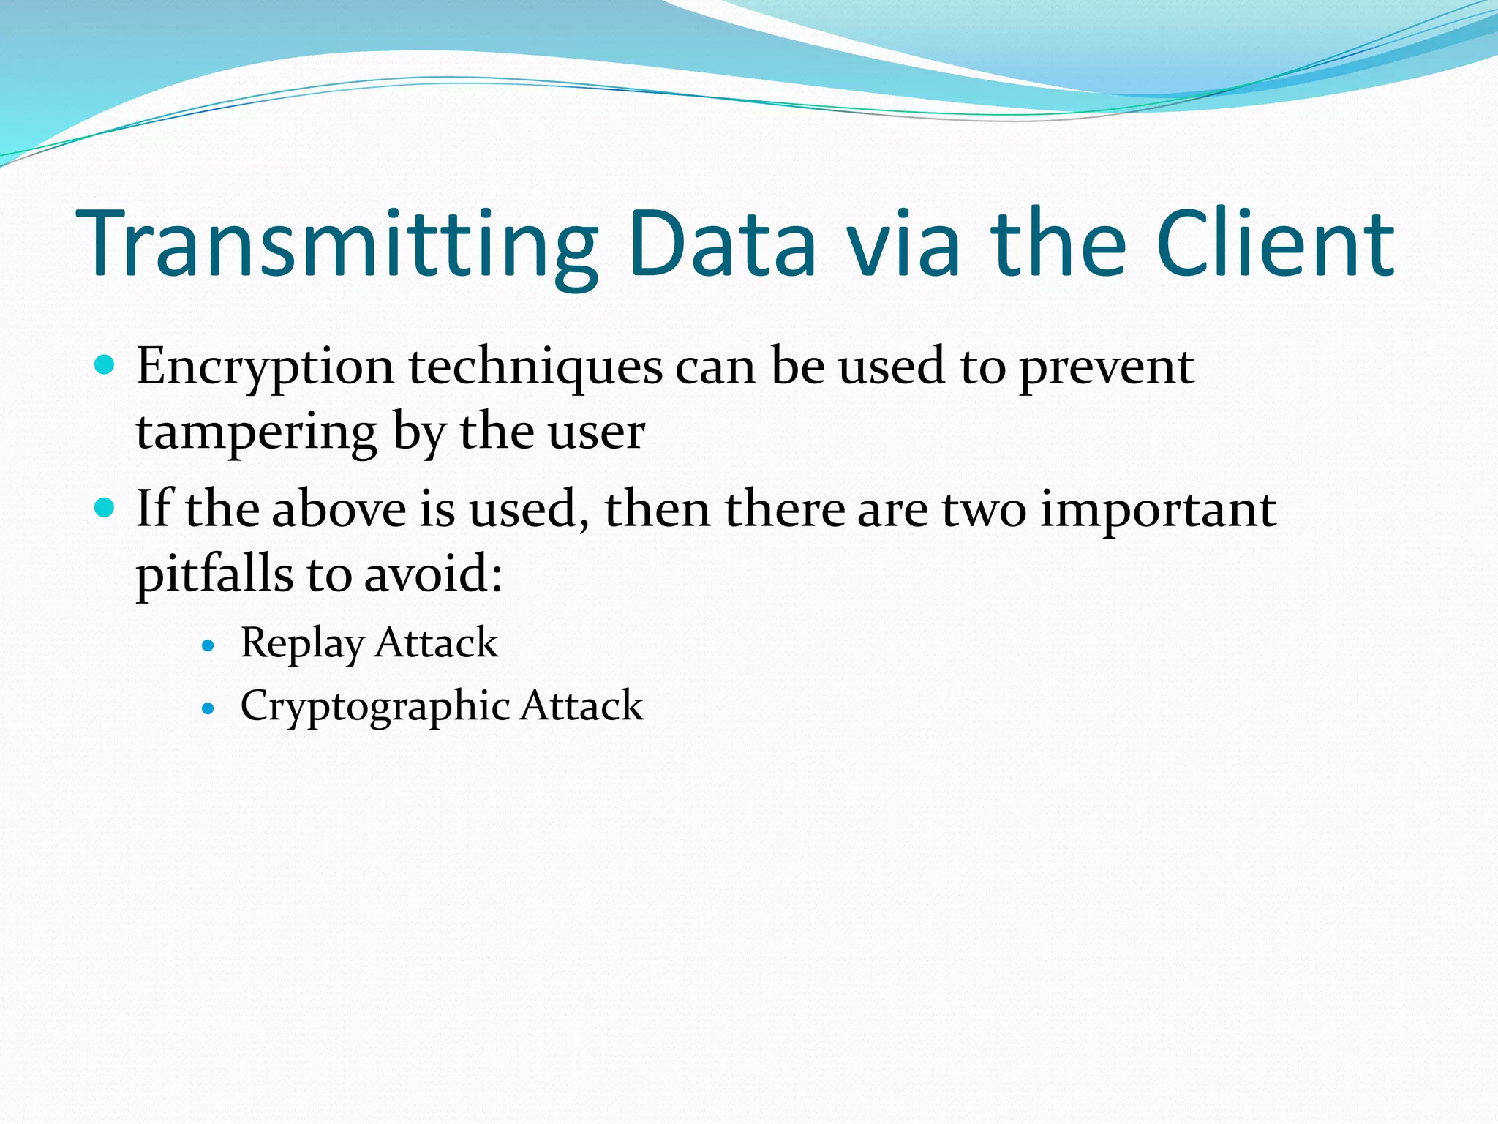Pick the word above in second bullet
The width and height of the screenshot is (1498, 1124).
tap(339, 509)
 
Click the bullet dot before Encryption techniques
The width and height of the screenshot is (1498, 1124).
tap(105, 364)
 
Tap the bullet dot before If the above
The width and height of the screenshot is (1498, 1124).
tap(105, 507)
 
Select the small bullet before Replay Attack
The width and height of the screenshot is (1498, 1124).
tap(209, 645)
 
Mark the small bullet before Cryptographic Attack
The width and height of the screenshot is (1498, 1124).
tap(209, 708)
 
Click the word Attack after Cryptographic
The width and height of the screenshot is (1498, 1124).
tap(581, 706)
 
